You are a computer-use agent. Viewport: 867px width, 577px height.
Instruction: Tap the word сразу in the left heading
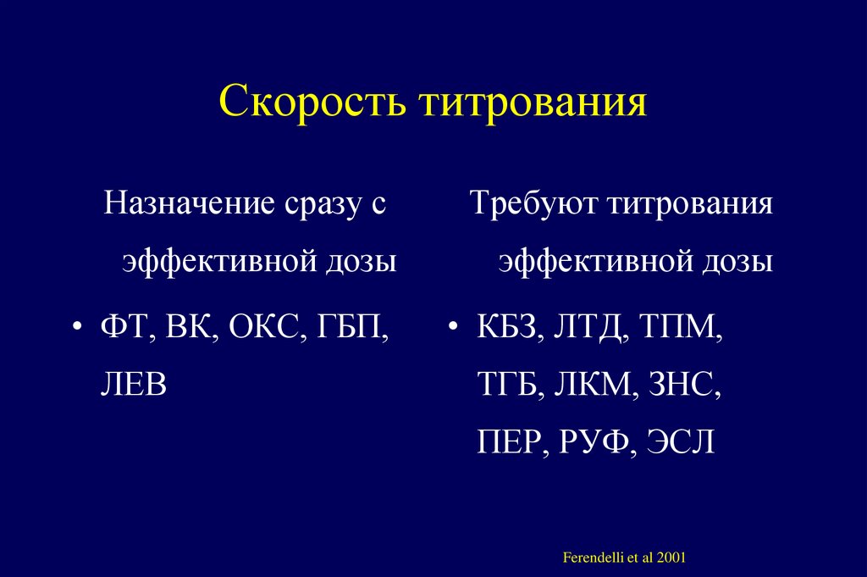click(321, 205)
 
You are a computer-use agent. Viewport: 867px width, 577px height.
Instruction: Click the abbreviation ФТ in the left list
click(121, 327)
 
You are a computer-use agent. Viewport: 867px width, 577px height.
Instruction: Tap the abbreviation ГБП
click(347, 327)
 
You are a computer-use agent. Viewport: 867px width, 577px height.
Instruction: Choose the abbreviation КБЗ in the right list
click(505, 327)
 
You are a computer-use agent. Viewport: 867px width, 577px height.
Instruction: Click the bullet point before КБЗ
click(455, 329)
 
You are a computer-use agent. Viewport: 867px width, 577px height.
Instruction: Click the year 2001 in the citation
click(670, 558)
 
